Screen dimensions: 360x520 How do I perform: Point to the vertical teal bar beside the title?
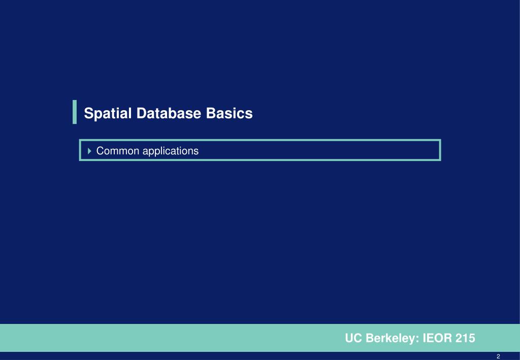click(75, 112)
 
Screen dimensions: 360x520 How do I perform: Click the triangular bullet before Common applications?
click(90, 151)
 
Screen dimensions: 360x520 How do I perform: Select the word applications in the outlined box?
click(170, 151)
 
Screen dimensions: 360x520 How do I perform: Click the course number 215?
click(466, 338)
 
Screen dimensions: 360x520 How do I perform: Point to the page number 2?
click(499, 356)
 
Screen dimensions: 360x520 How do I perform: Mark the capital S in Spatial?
click(88, 113)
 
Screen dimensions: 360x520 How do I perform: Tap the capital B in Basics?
click(210, 113)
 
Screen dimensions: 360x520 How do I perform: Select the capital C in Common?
click(100, 151)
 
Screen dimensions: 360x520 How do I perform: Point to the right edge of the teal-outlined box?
click(440, 150)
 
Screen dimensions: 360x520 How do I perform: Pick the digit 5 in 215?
click(472, 338)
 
